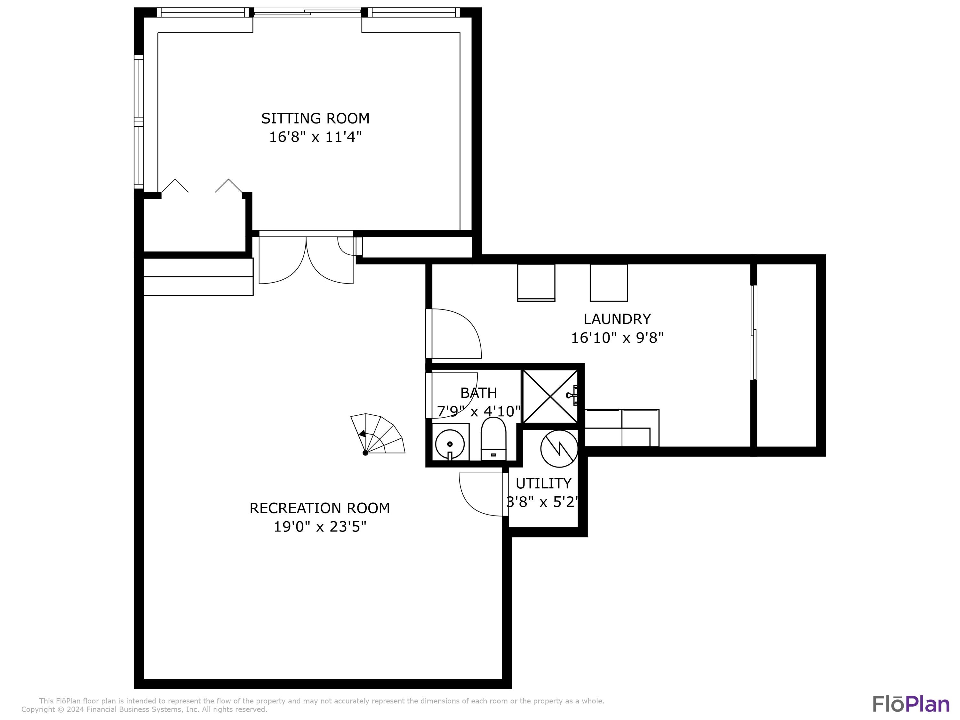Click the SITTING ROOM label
click(315, 118)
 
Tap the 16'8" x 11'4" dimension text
click(315, 137)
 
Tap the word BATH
click(478, 393)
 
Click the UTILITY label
click(543, 483)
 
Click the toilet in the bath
click(493, 439)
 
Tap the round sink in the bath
click(450, 444)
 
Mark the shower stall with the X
click(550, 396)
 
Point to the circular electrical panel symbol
click(559, 449)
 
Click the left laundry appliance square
click(536, 282)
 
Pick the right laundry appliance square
click(608, 282)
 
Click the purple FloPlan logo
click(911, 704)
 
